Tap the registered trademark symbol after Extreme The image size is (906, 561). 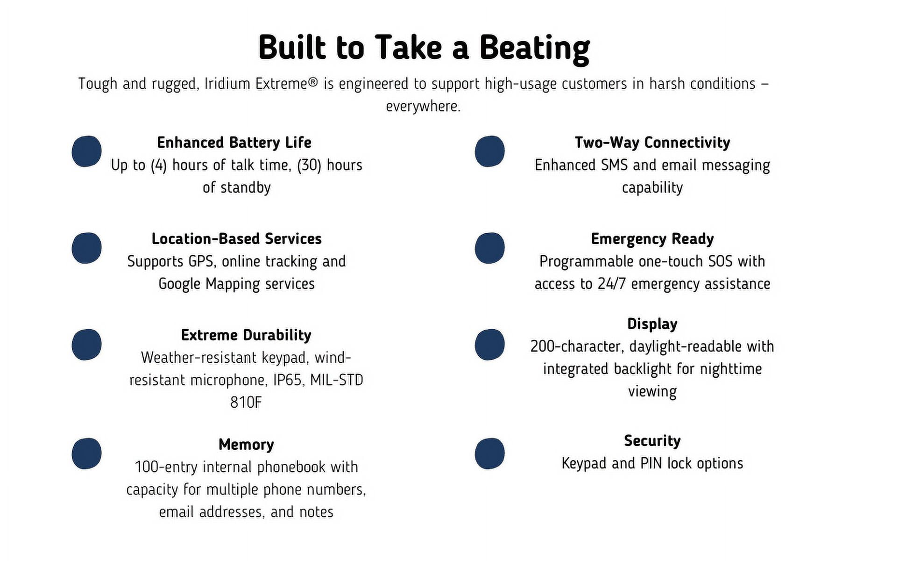(313, 83)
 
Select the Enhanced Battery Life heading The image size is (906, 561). (234, 142)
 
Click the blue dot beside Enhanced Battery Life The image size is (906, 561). (86, 151)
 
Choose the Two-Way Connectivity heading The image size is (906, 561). (652, 143)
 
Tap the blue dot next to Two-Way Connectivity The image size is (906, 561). (489, 151)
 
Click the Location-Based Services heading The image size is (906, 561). (237, 238)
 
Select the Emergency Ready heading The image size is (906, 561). (652, 239)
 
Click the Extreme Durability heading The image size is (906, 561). (246, 335)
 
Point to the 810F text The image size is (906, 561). (246, 402)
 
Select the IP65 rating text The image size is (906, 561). (287, 380)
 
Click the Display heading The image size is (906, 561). (652, 324)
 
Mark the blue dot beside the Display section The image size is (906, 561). (489, 345)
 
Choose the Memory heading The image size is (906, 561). (246, 444)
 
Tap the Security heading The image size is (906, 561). (652, 440)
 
